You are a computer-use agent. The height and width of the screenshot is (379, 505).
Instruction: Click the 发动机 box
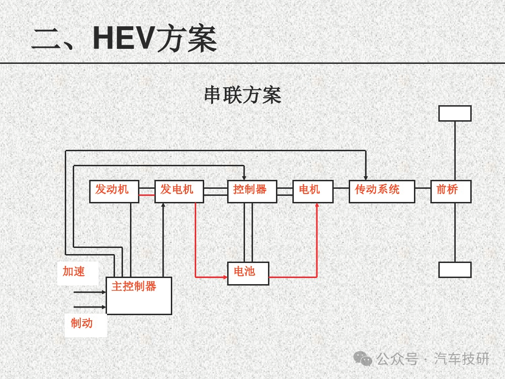pyautogui.click(x=114, y=191)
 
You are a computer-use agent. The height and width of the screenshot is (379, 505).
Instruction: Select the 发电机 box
pyautogui.click(x=179, y=191)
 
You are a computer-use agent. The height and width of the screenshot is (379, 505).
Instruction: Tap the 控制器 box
pyautogui.click(x=252, y=191)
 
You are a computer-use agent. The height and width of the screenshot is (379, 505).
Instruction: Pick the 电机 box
pyautogui.click(x=313, y=191)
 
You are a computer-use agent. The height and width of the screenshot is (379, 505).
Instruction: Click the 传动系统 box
pyautogui.click(x=381, y=191)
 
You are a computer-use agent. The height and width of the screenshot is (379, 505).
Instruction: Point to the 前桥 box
pyautogui.click(x=450, y=191)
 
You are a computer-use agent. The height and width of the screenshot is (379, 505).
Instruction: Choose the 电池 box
pyautogui.click(x=248, y=273)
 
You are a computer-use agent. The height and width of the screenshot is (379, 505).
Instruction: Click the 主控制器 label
pyautogui.click(x=134, y=286)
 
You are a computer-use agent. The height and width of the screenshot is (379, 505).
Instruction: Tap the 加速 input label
pyautogui.click(x=74, y=271)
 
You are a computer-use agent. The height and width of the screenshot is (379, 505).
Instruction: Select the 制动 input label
pyautogui.click(x=82, y=323)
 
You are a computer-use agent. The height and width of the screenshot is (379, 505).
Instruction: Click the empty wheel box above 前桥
pyautogui.click(x=454, y=113)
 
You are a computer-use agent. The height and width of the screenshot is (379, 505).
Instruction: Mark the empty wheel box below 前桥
pyautogui.click(x=454, y=270)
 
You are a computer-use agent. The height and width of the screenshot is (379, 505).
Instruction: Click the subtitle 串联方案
pyautogui.click(x=243, y=95)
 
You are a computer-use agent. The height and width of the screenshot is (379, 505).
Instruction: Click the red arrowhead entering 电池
pyautogui.click(x=225, y=277)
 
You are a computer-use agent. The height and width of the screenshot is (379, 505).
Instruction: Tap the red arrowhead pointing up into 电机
pyautogui.click(x=317, y=206)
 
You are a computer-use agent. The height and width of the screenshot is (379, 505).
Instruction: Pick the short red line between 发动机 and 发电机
pyautogui.click(x=146, y=195)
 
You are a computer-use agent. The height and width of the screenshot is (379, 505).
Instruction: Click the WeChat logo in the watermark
pyautogui.click(x=362, y=359)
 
